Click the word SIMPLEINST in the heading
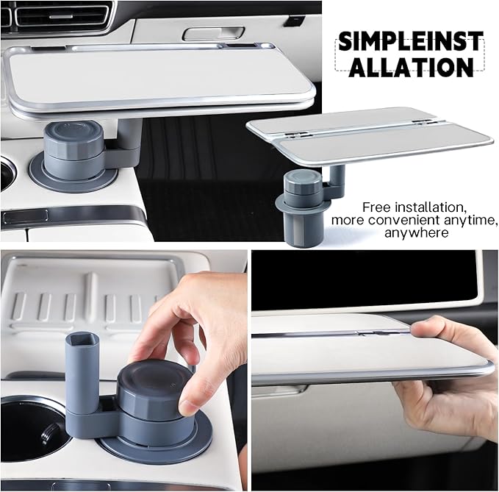410,40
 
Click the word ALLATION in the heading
410,67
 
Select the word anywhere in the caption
414,232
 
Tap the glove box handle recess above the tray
203,33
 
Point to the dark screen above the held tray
367,279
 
